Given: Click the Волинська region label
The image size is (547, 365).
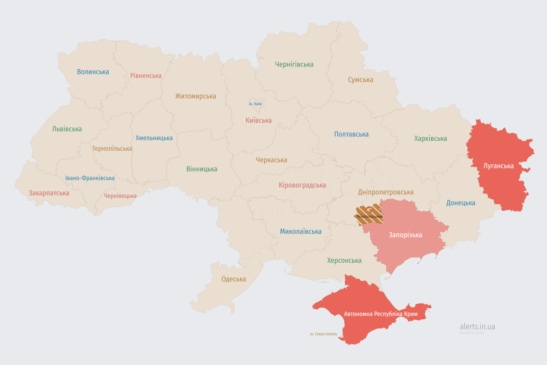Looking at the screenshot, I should tap(93, 72).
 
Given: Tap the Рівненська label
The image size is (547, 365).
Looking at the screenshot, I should tap(146, 76).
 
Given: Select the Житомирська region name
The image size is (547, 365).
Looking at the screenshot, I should tap(195, 96).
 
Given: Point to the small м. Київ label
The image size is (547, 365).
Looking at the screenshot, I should tap(255, 104).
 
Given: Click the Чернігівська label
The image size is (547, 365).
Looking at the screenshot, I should tap(294, 64).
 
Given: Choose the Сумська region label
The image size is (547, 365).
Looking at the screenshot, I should tap(360, 79).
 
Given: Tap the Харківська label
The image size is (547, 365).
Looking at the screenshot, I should tap(430, 138).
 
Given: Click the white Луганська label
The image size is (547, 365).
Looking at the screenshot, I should tap(498, 166).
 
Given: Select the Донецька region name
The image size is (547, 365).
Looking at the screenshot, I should tap(461, 203).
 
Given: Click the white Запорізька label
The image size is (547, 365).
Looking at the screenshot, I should tap(405, 235).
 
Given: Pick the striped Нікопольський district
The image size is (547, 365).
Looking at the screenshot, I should tap(369, 215).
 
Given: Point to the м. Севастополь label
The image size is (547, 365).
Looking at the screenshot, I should tap(323, 334).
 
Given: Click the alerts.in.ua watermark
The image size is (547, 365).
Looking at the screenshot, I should tap(477, 327).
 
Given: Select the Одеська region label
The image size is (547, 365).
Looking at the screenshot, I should tap(234, 279).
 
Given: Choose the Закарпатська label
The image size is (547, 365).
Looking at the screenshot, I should tap(49, 193).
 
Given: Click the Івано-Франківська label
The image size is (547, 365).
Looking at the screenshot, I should tap(90, 178).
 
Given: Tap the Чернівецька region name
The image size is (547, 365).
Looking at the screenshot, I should tap(120, 196).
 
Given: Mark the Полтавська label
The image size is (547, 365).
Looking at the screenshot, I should tap(351, 134).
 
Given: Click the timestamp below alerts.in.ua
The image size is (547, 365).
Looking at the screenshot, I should tap(472, 333).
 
